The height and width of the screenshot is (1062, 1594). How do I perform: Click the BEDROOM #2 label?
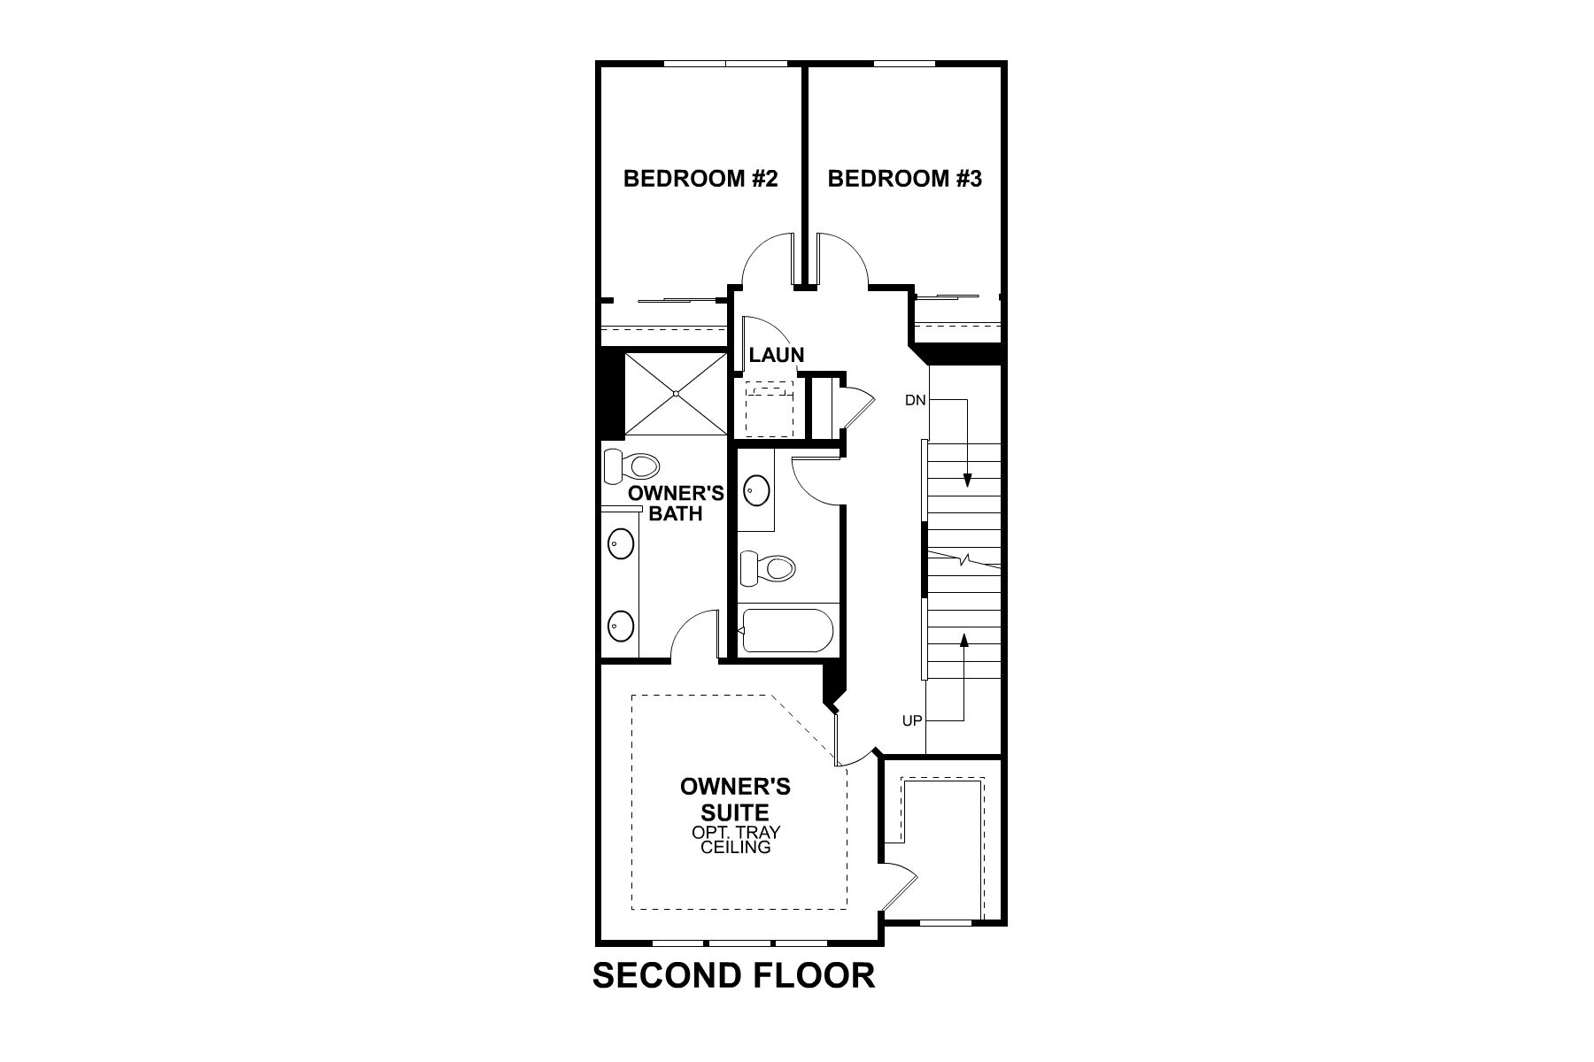pos(700,179)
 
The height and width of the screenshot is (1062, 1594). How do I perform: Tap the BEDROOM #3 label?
pos(904,179)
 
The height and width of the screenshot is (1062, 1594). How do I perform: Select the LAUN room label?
pos(776,356)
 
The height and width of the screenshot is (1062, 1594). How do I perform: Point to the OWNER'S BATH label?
pos(676,503)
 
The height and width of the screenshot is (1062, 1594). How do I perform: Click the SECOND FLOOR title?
pos(733,975)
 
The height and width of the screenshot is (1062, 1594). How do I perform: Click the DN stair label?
pos(915,400)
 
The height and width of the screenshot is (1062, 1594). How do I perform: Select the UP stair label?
pos(912,721)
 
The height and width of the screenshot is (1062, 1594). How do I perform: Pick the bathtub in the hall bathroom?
pos(786,630)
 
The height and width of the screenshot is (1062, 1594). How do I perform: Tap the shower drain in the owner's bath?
pos(675,393)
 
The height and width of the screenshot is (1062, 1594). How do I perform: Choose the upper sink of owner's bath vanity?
pos(621,542)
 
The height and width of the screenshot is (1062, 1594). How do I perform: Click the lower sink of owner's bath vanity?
pos(621,626)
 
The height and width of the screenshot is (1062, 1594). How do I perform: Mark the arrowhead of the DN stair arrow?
pos(967,481)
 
